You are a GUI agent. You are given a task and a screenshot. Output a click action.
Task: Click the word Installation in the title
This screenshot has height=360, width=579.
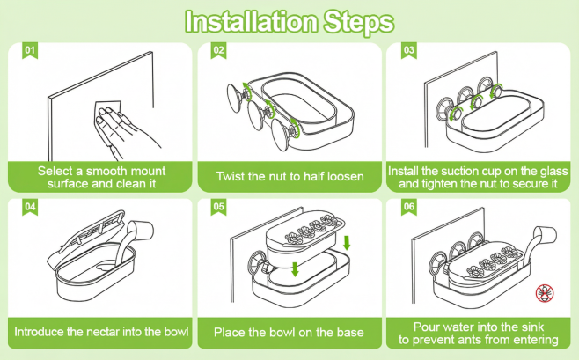[x=251, y=22]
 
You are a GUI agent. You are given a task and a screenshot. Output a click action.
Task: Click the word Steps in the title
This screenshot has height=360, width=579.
[x=359, y=23]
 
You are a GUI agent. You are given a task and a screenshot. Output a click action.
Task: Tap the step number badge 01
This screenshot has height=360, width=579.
[x=30, y=50]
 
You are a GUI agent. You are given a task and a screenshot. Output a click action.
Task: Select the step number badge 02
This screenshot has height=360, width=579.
[x=218, y=50]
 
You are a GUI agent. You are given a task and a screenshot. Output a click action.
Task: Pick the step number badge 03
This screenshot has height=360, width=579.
[x=409, y=50]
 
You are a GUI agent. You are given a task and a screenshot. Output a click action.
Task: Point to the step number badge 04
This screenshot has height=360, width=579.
[x=30, y=207]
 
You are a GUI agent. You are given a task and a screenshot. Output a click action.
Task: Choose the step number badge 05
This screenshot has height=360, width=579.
[x=218, y=207]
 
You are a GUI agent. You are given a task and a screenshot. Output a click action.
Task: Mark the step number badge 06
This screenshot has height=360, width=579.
[x=409, y=207]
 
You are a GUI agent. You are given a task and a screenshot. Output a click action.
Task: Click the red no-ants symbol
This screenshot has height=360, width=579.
[x=545, y=293]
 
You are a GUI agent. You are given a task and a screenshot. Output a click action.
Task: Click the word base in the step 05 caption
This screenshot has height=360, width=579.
[x=350, y=333]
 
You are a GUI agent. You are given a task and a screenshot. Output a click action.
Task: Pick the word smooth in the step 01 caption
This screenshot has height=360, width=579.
[x=108, y=171]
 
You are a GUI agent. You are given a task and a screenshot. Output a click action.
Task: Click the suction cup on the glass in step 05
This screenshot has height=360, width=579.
[x=258, y=264]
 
